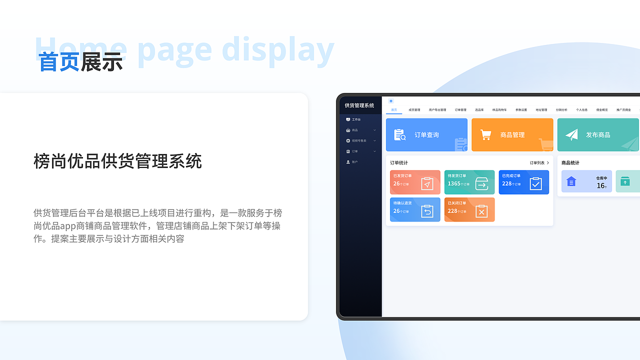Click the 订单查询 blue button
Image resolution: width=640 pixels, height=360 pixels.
pos(426,135)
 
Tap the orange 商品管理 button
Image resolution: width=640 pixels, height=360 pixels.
pos(512,135)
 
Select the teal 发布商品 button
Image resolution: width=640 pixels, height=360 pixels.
pos(598,135)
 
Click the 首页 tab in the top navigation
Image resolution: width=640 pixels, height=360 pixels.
pos(394,110)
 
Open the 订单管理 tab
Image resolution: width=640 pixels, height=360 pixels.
pos(460,110)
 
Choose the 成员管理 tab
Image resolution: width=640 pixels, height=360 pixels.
pos(414,110)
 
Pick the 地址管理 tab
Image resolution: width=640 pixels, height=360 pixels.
pos(541,110)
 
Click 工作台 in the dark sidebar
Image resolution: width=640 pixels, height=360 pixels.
pos(356,119)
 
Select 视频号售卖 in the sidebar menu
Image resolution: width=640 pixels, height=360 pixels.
pos(359,140)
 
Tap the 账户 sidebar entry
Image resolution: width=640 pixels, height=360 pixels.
pos(354,162)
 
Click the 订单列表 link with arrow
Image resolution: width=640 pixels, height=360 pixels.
pos(539,163)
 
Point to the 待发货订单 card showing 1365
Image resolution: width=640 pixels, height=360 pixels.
pos(469,182)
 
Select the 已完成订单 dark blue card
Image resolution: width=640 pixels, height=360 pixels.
pos(523,182)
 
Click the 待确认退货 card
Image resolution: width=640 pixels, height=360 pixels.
pos(415,209)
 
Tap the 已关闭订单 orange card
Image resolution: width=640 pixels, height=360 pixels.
pos(469,209)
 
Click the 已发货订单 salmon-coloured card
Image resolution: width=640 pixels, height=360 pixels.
pos(415,182)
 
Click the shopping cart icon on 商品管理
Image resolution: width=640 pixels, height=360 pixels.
pos(485,134)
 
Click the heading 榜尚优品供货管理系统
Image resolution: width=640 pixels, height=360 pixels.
pos(117,161)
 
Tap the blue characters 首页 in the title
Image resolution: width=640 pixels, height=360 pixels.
pos(59,62)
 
